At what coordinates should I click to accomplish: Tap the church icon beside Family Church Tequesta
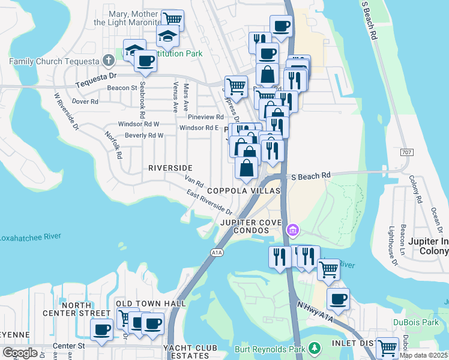click(x=108, y=60)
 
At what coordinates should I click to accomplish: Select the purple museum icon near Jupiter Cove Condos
click(x=292, y=230)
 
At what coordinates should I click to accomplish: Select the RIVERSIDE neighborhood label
click(x=170, y=167)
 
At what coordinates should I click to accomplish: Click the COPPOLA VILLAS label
click(x=244, y=190)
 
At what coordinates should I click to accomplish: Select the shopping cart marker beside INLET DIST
click(x=387, y=347)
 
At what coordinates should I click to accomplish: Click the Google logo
click(x=20, y=353)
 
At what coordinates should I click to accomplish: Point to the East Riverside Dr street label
click(x=209, y=202)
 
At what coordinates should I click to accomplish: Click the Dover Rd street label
click(x=85, y=101)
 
